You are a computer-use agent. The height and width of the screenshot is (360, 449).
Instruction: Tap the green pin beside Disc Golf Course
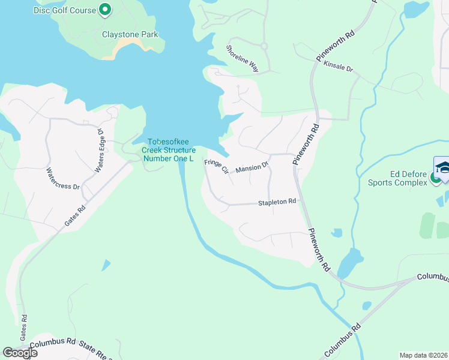(x=105, y=9)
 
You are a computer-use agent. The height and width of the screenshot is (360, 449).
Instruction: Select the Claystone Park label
(x=130, y=34)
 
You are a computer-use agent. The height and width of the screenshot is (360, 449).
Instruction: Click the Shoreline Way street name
(x=242, y=59)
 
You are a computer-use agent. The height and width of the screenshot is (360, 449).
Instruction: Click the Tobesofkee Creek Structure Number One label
(x=169, y=150)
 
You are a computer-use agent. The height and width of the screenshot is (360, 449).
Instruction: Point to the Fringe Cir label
(x=217, y=166)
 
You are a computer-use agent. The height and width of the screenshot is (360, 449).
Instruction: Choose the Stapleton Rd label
(x=277, y=202)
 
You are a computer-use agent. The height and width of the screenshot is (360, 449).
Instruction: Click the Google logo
(x=20, y=353)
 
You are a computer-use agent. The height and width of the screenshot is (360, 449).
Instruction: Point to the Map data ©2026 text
(x=423, y=355)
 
